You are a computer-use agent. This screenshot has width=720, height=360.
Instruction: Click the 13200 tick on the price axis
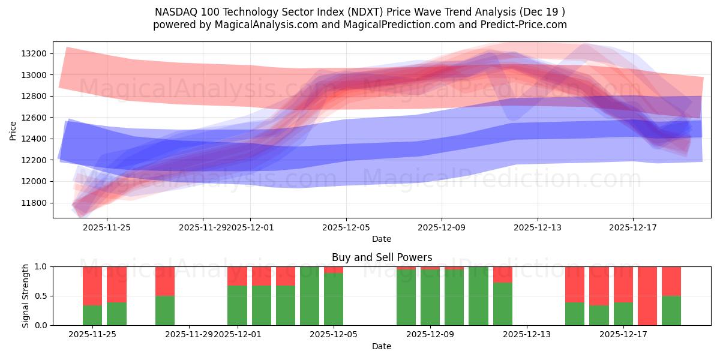point(34,53)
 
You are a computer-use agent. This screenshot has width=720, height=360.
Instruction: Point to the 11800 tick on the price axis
point(34,203)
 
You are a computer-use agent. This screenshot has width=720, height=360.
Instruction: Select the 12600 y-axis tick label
point(34,118)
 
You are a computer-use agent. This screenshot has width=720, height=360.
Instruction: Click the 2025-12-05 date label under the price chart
point(346,228)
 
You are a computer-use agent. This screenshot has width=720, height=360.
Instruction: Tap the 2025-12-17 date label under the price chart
point(633,228)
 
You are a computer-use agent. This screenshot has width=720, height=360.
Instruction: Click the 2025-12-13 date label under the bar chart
point(526,335)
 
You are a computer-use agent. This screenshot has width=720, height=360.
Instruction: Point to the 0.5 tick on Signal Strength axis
point(41,296)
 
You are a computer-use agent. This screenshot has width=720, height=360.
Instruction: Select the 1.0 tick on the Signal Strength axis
point(41,266)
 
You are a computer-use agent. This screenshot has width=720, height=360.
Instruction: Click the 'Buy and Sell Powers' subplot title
point(382,257)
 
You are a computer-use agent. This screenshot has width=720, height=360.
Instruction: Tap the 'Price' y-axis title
point(13,130)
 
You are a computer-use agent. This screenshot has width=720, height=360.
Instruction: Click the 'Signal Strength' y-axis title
point(25,296)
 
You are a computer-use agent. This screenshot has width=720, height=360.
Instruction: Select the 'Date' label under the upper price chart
point(382,239)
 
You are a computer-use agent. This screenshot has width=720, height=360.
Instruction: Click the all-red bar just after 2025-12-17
point(647,296)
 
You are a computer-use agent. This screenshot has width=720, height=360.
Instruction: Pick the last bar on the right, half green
point(671,310)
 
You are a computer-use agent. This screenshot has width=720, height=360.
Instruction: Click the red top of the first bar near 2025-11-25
point(92,286)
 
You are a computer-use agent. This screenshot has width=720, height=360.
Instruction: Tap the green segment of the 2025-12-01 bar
point(237,305)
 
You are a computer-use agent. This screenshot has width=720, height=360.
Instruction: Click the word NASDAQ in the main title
point(175,11)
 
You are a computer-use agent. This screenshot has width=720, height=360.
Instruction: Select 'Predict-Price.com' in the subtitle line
point(525,25)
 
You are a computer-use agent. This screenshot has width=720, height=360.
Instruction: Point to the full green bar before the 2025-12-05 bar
point(310,296)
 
